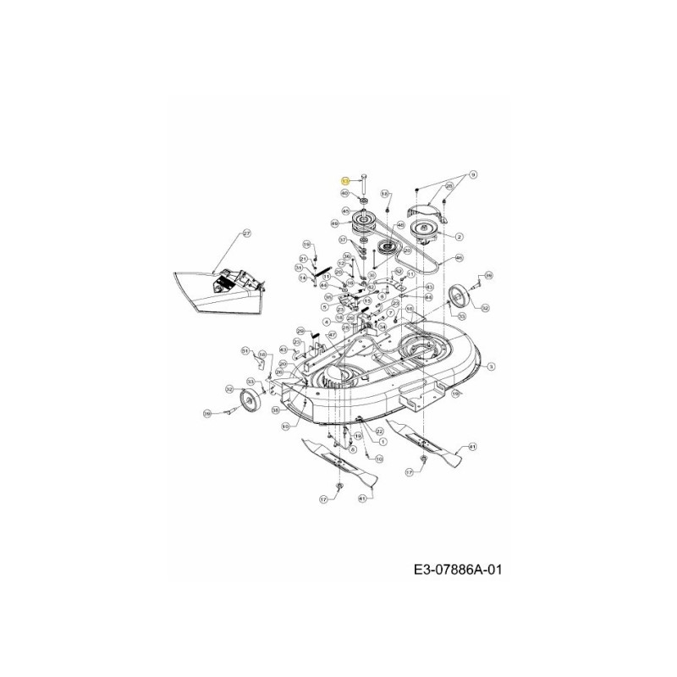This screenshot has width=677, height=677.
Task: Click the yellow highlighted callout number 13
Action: (x=344, y=181)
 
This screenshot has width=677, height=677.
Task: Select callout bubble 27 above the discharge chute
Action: (x=247, y=233)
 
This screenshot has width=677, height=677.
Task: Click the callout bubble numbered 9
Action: (x=473, y=174)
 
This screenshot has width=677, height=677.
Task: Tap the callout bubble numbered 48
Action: (x=400, y=224)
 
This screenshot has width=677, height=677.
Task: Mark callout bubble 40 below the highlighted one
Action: (x=344, y=195)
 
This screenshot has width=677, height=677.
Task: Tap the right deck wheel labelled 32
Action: (x=462, y=296)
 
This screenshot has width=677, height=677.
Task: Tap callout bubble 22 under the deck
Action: (x=379, y=431)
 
